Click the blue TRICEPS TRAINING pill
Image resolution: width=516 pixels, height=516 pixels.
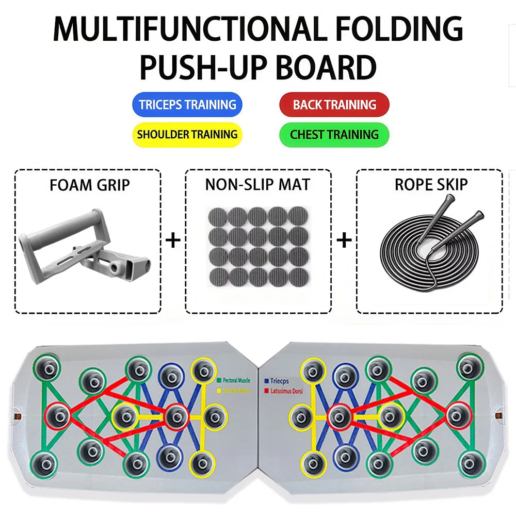187,105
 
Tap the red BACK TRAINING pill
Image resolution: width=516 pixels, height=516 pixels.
334,105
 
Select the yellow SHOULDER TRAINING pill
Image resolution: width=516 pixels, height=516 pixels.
187,135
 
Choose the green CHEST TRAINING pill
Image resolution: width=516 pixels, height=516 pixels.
334,135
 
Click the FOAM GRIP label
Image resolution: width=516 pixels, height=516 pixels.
89,185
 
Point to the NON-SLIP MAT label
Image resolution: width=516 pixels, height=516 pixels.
257,185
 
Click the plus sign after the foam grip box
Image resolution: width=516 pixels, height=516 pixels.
173,240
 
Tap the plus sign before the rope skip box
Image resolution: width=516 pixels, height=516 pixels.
344,240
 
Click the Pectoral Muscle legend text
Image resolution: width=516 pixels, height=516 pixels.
237,381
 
